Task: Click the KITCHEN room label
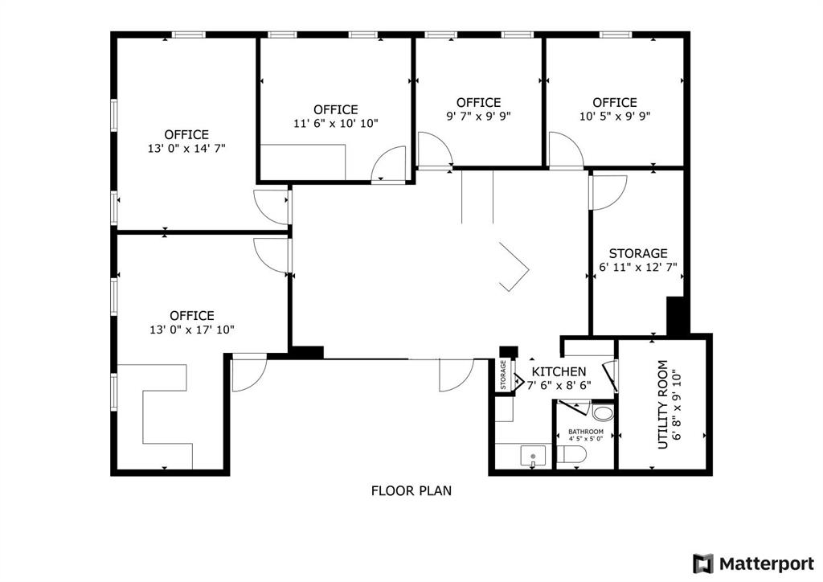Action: point(559,371)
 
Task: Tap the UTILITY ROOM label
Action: point(663,404)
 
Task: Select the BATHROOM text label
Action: point(586,432)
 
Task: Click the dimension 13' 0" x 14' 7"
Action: point(186,149)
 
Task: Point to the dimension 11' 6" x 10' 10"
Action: point(336,123)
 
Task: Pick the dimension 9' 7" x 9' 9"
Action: point(479,116)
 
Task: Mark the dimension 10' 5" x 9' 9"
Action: point(615,116)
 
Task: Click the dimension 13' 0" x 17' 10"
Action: point(191,330)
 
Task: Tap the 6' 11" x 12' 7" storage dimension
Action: point(638,267)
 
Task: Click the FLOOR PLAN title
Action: point(411,490)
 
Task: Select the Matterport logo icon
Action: point(702,564)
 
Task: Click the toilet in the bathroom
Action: point(571,454)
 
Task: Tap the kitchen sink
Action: point(533,456)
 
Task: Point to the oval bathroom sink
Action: point(603,412)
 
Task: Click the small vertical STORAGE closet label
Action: point(503,375)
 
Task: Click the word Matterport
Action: point(767,564)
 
